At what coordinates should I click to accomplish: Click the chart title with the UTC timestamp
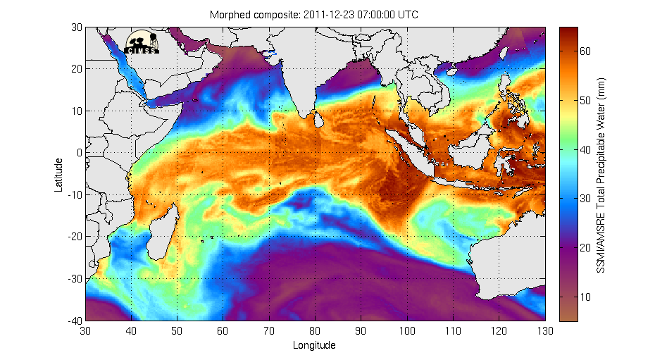coord(315,15)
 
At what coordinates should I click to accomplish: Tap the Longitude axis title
coord(315,345)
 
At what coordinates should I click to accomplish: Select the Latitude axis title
coord(59,174)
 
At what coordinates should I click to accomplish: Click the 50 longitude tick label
coord(177,330)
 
